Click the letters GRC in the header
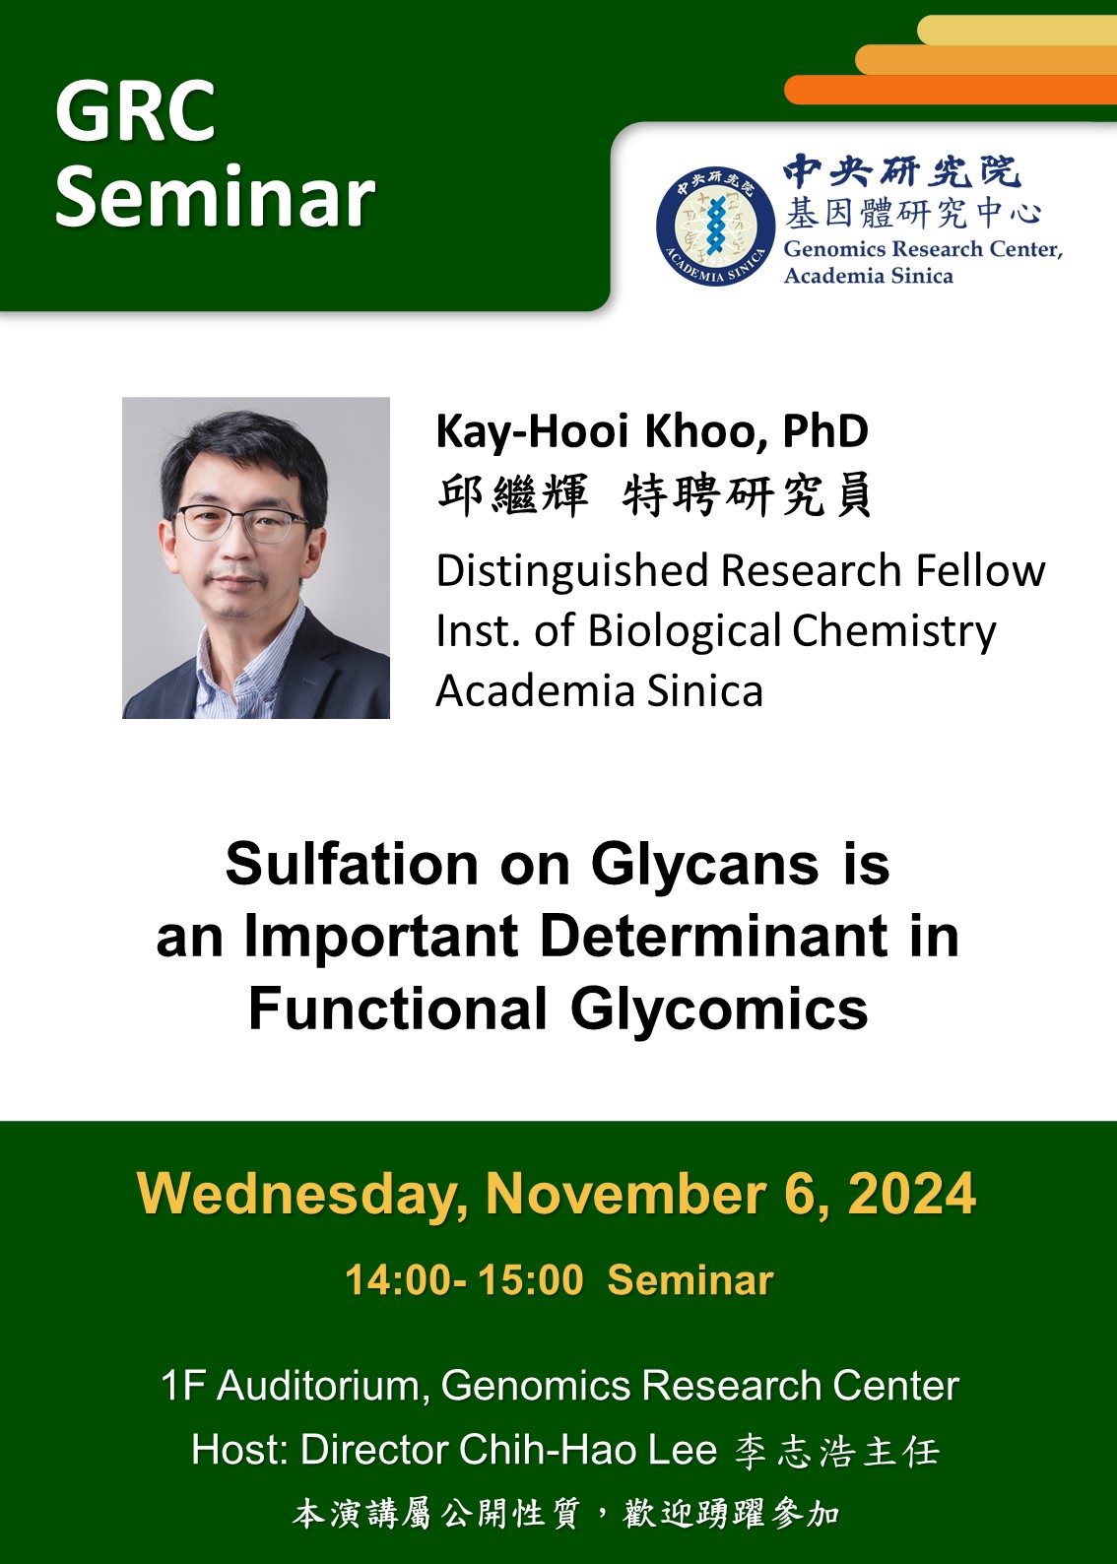(x=135, y=111)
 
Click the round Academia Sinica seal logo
(x=715, y=227)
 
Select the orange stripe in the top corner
(x=951, y=90)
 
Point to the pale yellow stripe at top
(x=1017, y=30)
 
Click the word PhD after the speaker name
(x=825, y=430)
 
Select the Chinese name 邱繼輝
(x=513, y=495)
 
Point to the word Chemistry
(x=893, y=632)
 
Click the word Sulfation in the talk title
(x=352, y=865)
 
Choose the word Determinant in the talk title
(x=714, y=937)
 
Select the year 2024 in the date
(x=912, y=1195)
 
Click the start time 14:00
(x=398, y=1280)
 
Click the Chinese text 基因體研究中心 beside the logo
(x=912, y=213)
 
